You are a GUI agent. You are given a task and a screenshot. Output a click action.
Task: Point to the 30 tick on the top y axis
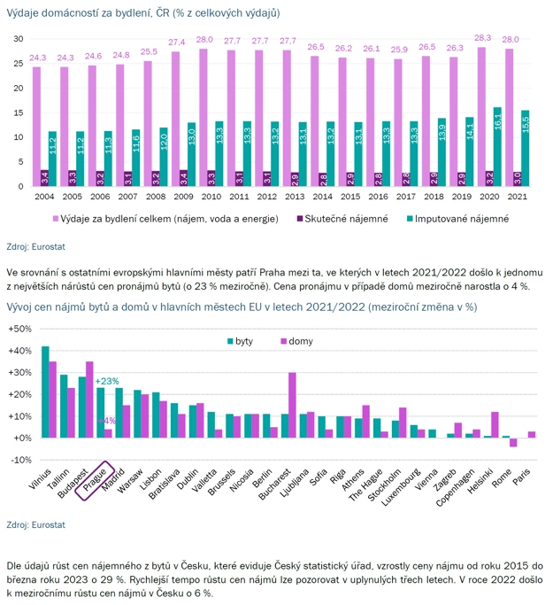(17, 39)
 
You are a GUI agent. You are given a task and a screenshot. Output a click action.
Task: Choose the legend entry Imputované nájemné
(447, 218)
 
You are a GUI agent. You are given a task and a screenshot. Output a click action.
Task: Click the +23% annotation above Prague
(108, 382)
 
